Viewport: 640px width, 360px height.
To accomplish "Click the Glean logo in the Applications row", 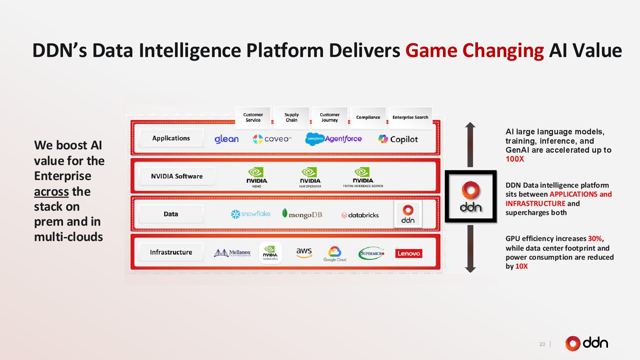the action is point(226,139).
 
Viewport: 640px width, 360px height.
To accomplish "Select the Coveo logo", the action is point(272,139).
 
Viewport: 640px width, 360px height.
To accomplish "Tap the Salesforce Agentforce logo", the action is point(333,139).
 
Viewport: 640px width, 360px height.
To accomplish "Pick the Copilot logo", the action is point(398,139).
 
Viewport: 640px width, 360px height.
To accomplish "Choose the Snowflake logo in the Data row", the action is point(251,214).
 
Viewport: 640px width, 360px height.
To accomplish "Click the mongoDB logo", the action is point(302,214).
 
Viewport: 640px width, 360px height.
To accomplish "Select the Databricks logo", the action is point(360,215).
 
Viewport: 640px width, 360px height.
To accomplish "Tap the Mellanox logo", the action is point(232,253).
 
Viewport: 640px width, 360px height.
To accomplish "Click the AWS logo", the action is point(304,252).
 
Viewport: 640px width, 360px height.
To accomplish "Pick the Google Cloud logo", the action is point(335,254).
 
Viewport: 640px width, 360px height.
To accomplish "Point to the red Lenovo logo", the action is point(409,253).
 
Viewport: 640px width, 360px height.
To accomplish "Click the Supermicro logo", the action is point(371,253).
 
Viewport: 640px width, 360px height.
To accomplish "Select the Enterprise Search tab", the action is point(410,117).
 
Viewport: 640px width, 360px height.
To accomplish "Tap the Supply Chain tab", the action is point(291,117).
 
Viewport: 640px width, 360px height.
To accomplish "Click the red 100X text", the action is point(515,159).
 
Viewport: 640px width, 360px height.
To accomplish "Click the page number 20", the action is point(542,344).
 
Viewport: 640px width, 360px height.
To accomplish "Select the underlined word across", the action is point(51,191).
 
